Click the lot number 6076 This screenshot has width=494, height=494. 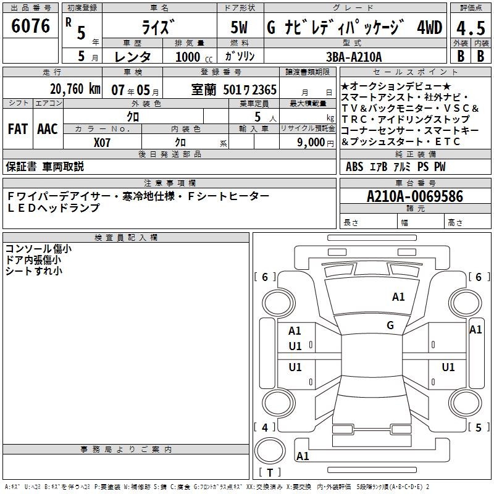coord(31,27)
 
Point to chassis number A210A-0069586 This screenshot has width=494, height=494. coord(414,196)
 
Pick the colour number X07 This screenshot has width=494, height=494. coord(103,142)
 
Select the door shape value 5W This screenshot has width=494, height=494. coord(240,28)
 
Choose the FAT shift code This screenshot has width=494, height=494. coord(17,129)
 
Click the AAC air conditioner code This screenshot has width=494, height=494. coord(47,129)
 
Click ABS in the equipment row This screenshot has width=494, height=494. coord(354,167)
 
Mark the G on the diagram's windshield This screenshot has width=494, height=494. coord(390,325)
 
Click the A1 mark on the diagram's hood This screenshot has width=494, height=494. coord(398,297)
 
